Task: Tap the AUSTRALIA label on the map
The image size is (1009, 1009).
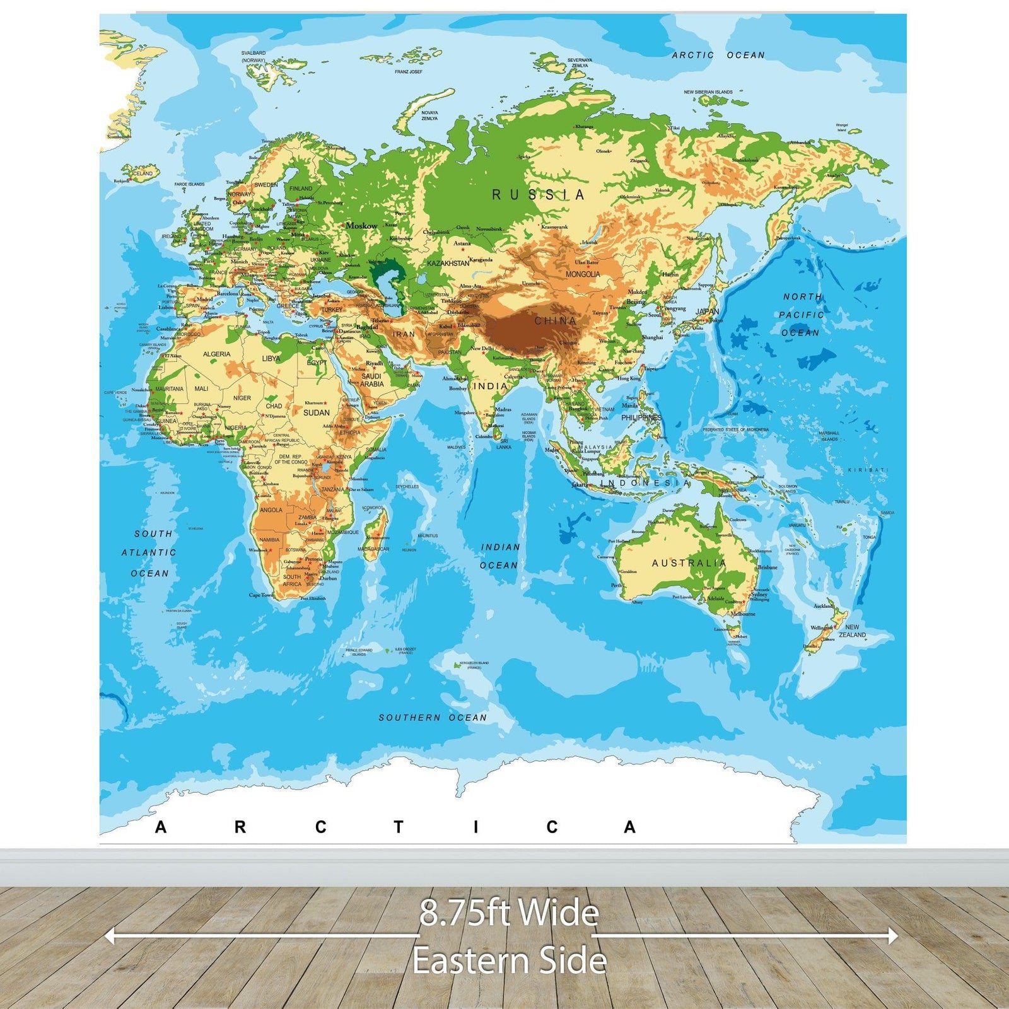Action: tap(689, 563)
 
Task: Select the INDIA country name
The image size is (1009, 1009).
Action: tap(490, 386)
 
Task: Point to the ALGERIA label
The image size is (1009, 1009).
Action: tap(216, 354)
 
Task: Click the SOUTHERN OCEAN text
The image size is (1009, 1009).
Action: tap(433, 718)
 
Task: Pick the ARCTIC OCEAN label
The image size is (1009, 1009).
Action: tap(718, 55)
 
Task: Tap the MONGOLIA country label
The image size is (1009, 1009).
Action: tap(583, 274)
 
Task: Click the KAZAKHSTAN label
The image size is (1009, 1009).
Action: tap(448, 263)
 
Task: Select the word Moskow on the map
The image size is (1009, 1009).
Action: tap(361, 226)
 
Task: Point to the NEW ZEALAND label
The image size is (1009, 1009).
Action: tap(852, 631)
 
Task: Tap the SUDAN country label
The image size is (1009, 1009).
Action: tap(316, 412)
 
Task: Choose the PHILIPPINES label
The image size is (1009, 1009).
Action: tap(641, 417)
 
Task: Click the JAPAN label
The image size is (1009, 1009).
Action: tap(707, 312)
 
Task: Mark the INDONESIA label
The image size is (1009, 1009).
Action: tap(644, 483)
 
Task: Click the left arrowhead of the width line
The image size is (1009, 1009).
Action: tap(108, 936)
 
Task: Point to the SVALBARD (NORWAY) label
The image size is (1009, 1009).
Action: tap(254, 57)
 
